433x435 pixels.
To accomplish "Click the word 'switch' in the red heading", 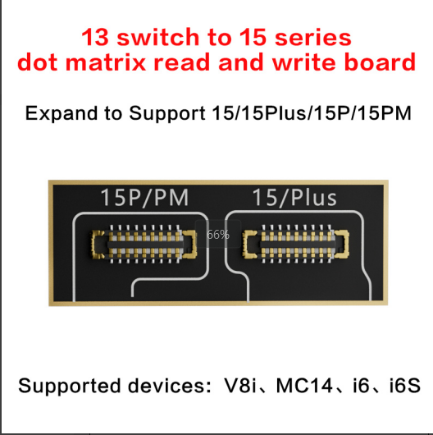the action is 157,37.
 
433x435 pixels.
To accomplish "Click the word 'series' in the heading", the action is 312,38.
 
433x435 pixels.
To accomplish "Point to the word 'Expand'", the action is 62,113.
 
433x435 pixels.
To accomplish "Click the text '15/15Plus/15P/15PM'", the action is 312,113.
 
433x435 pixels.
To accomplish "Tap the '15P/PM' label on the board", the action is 144,197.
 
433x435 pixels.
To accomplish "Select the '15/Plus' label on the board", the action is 294,197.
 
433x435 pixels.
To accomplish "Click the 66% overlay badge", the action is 218,235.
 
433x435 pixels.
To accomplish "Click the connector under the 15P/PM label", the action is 144,244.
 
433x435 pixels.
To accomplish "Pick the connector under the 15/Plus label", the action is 295,244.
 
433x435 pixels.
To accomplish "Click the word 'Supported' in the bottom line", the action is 70,386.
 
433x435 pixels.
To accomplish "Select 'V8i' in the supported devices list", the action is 239,385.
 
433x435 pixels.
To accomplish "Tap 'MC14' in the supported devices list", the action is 304,385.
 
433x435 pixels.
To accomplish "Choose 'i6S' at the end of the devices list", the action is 405,385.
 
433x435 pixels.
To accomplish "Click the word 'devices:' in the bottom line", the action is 170,385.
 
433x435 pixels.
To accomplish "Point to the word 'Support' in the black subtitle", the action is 167,113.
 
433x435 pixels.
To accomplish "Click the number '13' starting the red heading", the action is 95,37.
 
